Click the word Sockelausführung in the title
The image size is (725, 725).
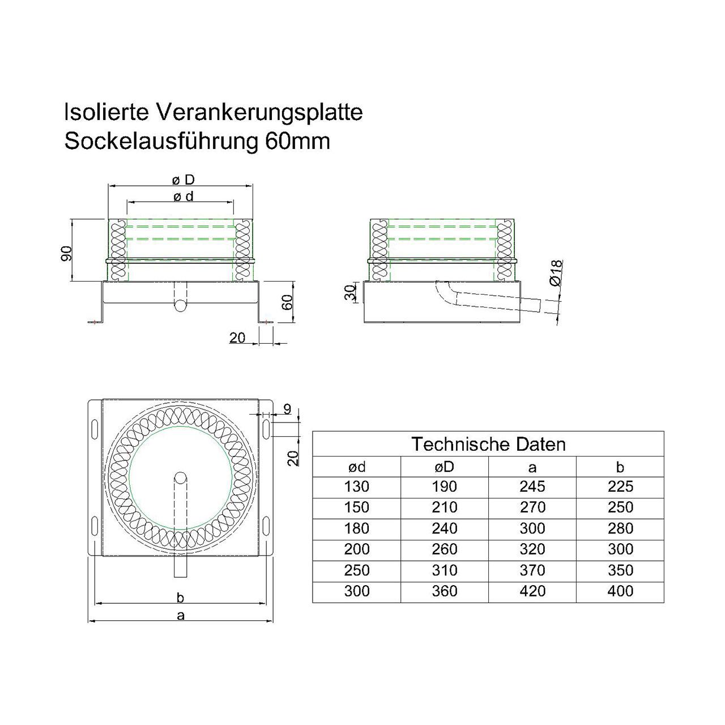(x=161, y=142)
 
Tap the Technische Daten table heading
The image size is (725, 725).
(x=488, y=444)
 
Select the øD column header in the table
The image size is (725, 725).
(x=444, y=467)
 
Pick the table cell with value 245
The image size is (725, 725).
(x=532, y=487)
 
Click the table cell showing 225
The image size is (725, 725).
(x=620, y=487)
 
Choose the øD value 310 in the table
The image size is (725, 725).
(x=444, y=570)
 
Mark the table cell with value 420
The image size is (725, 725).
(x=532, y=591)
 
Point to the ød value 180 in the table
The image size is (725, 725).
(x=357, y=528)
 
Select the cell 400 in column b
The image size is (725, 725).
(x=620, y=591)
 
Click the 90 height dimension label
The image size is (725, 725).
(x=66, y=253)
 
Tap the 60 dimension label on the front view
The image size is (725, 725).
(x=287, y=302)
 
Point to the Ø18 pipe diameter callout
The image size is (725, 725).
(x=556, y=272)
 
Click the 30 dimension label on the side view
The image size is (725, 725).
(x=350, y=293)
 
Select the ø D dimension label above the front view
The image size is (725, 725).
(x=184, y=180)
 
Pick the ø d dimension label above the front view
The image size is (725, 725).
(x=184, y=197)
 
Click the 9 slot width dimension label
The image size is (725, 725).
(x=287, y=409)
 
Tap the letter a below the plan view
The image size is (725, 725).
(x=181, y=616)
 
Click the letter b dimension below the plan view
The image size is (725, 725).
(x=181, y=597)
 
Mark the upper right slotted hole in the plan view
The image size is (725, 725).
(x=266, y=429)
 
